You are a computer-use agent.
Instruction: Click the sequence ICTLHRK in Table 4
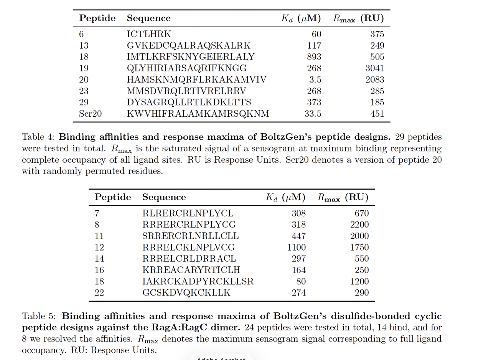[x=149, y=34]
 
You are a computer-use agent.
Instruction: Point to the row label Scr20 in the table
[x=90, y=114]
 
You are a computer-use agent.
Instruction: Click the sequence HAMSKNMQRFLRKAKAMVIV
[x=196, y=80]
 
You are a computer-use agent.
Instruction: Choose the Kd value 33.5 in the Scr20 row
[x=313, y=114]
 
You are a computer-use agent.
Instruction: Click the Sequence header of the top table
[x=149, y=18]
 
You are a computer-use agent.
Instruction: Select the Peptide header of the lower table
[x=113, y=197]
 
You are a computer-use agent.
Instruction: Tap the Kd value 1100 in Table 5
[x=297, y=248]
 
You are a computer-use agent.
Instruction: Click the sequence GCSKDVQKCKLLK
[x=186, y=293]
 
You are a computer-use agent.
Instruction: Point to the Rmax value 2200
[x=359, y=225]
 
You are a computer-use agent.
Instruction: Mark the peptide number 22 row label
[x=99, y=293]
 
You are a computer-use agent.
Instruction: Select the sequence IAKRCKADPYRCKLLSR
[x=198, y=281]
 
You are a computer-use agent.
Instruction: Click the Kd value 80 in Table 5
[x=301, y=281]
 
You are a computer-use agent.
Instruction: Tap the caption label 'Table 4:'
[x=39, y=137]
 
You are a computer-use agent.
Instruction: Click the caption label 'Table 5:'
[x=39, y=316]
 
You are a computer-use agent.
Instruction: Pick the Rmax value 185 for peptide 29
[x=377, y=102]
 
